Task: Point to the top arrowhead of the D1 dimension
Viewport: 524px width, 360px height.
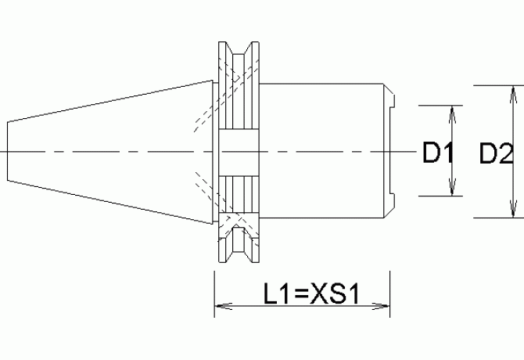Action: click(x=451, y=111)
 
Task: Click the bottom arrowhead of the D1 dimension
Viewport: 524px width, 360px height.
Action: click(x=451, y=191)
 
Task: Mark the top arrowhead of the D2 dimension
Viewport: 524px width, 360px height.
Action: click(x=513, y=91)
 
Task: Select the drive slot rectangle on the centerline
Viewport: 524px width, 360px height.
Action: click(x=239, y=150)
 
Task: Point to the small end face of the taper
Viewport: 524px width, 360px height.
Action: click(x=9, y=150)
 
